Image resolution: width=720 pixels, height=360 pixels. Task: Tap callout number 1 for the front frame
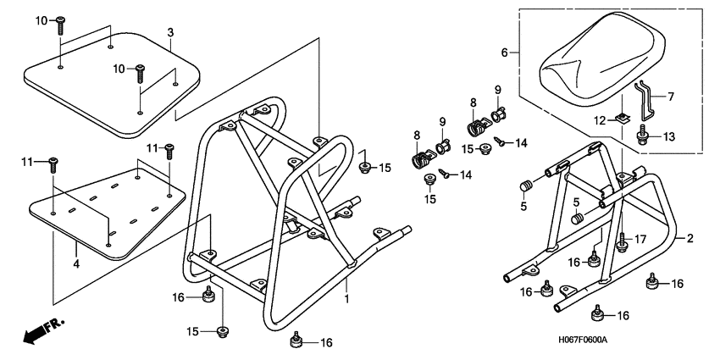click(346, 299)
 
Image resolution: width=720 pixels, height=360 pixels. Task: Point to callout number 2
click(690, 239)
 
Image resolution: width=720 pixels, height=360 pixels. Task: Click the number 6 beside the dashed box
click(505, 53)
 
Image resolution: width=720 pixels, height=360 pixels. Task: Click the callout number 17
click(641, 240)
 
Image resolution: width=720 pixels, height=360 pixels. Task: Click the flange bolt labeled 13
click(644, 136)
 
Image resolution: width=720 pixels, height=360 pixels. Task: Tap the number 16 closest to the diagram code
click(623, 315)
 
